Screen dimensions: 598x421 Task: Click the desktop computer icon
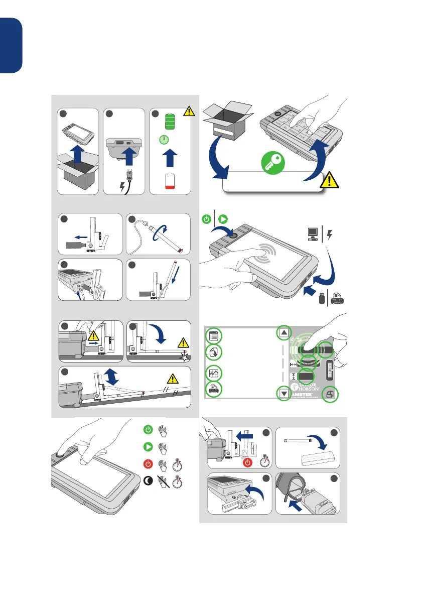point(312,234)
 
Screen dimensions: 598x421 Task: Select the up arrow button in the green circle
point(284,332)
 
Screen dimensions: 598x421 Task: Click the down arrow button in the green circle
point(284,394)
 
